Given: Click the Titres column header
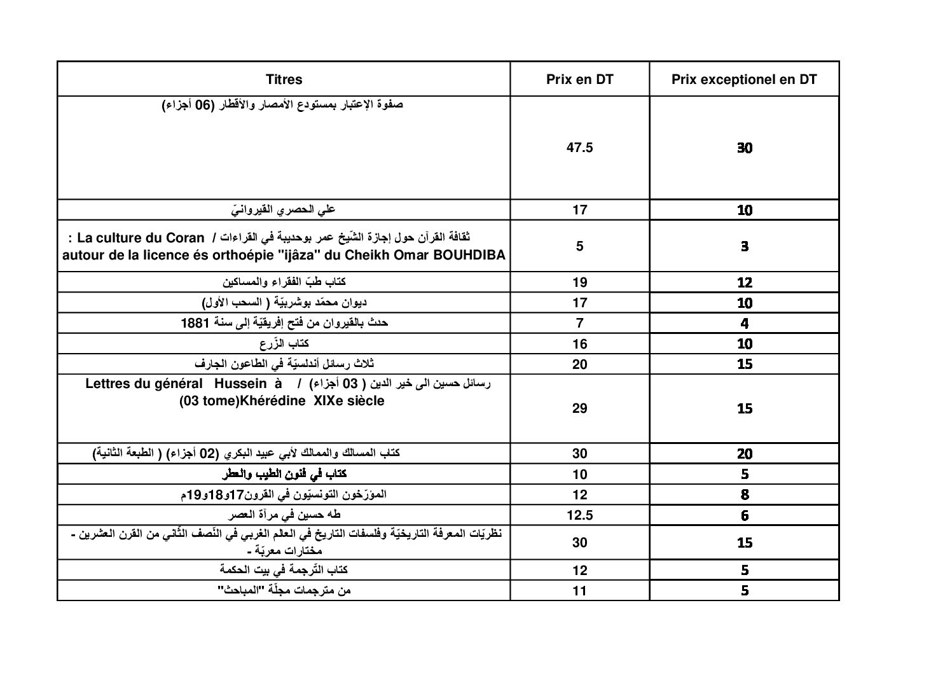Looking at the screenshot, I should (x=284, y=80).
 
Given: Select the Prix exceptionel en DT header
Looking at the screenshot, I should (x=744, y=80).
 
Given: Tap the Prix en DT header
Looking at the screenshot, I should (x=579, y=80).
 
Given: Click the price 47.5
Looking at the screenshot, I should (x=579, y=148).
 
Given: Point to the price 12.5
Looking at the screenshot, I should (x=579, y=515).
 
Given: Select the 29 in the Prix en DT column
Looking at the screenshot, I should (x=579, y=408).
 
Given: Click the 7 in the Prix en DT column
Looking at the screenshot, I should (x=579, y=323).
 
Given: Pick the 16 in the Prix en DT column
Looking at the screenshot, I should (x=579, y=344).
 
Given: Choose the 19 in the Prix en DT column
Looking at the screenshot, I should (x=579, y=282).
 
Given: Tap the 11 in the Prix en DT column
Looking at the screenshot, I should (x=579, y=590).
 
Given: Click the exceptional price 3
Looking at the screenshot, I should (x=745, y=246).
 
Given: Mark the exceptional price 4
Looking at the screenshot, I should (x=745, y=323).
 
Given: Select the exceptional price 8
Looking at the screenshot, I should (x=745, y=494).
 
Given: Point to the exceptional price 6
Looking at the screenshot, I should (x=745, y=515).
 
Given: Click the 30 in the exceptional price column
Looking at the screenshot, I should (x=745, y=148).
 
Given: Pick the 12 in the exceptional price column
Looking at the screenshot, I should (x=745, y=282).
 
